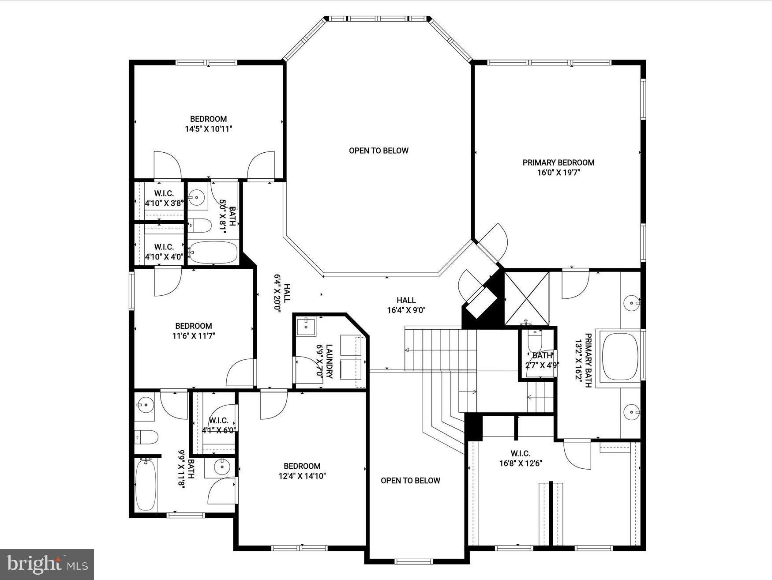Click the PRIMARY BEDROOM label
(x=558, y=162)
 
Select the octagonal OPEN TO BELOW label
(x=379, y=151)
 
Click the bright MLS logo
(x=47, y=564)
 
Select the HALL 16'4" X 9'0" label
(x=406, y=305)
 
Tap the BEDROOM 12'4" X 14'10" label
(x=302, y=471)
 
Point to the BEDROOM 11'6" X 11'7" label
(x=193, y=331)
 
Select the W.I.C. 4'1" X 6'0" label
(x=218, y=425)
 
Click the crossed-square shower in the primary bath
(x=526, y=298)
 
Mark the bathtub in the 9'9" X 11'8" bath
(x=146, y=485)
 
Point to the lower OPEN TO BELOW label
(x=410, y=481)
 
